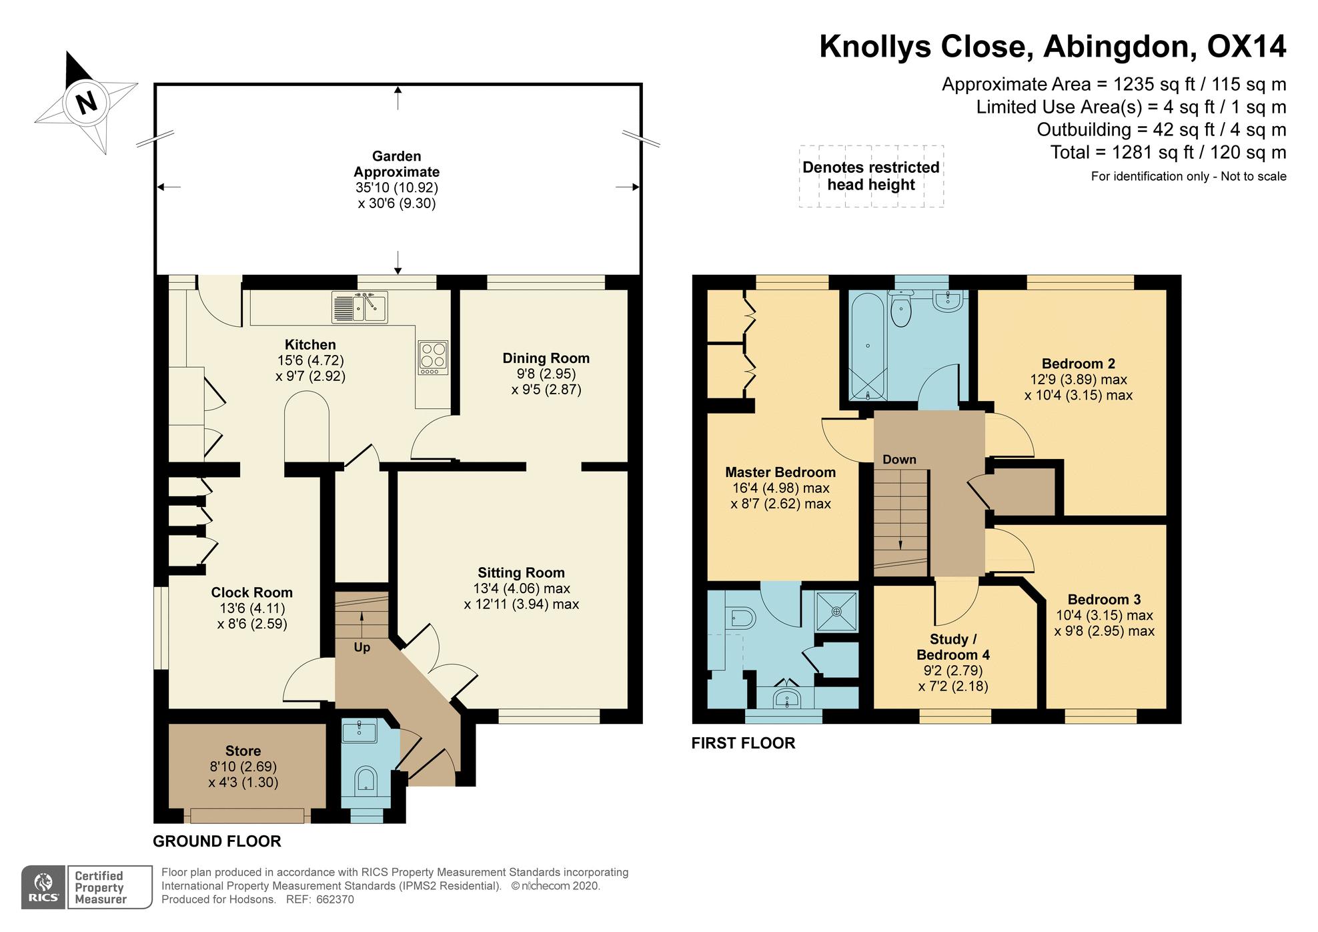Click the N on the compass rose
coord(85,103)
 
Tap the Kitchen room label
coord(310,345)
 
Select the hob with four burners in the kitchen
coord(433,358)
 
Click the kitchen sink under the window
coord(360,306)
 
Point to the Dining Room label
coord(546,358)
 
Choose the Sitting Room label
coord(521,572)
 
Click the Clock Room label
coord(251,592)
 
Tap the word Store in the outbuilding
coord(243,751)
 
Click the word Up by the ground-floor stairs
coord(362,648)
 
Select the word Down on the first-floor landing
coord(899,460)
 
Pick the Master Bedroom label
coord(780,472)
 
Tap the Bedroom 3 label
coord(1104,599)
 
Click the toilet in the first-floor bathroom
coord(901,309)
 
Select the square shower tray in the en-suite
coord(836,611)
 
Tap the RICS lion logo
coord(44,887)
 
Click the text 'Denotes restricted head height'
coord(871,176)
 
